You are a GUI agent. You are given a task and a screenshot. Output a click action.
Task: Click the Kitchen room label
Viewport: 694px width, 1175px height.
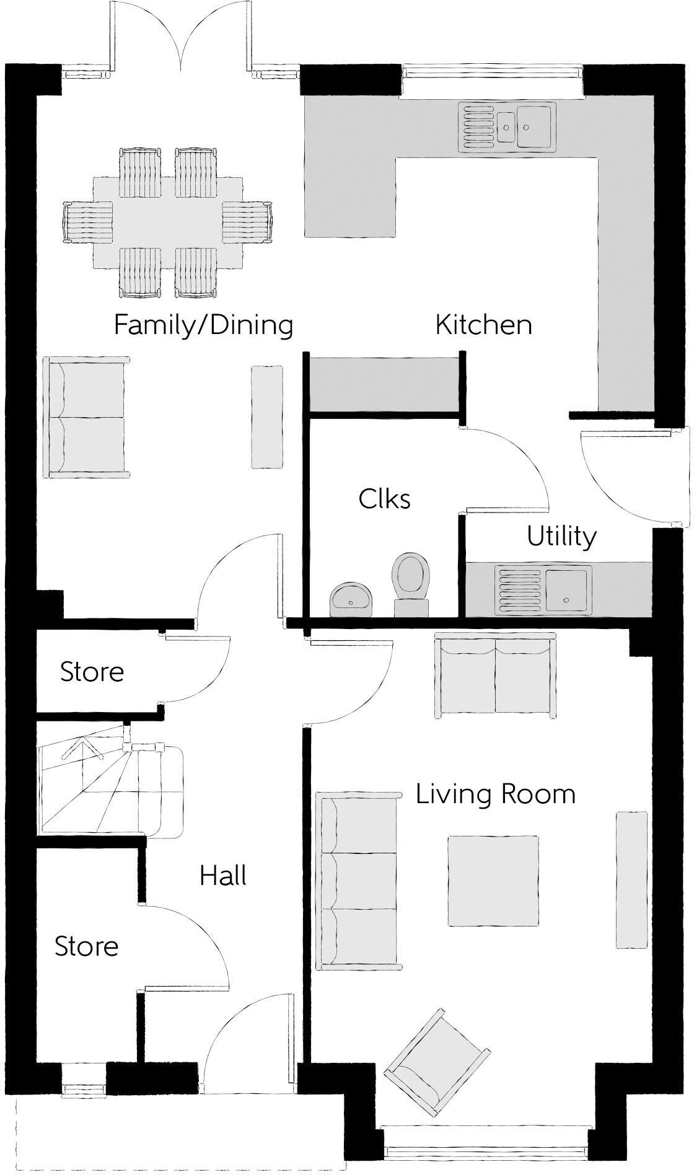(x=483, y=325)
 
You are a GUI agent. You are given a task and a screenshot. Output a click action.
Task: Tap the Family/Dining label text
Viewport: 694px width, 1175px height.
(x=203, y=325)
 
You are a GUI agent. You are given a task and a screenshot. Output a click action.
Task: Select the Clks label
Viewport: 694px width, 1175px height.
(x=384, y=498)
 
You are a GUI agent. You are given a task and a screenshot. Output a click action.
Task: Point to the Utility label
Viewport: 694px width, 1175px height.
(x=561, y=536)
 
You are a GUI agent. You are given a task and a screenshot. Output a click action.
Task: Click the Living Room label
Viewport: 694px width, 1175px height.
(x=495, y=794)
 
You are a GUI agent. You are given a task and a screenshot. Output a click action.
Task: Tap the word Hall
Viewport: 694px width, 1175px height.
(x=223, y=876)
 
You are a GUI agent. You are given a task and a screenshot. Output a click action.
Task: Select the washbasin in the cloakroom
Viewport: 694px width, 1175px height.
(x=351, y=599)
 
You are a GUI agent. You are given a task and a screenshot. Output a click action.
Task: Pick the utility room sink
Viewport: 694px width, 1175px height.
(x=543, y=589)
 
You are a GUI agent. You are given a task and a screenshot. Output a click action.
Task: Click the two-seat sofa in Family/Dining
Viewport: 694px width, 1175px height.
(x=86, y=417)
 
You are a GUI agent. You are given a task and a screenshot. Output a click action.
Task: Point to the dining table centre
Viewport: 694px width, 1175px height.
(x=168, y=222)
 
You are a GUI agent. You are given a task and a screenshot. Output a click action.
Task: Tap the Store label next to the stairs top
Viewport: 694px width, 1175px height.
(x=92, y=672)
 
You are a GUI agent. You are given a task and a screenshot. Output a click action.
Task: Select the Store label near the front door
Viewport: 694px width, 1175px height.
(x=86, y=946)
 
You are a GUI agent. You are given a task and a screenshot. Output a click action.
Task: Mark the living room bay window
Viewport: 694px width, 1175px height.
(x=485, y=1152)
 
